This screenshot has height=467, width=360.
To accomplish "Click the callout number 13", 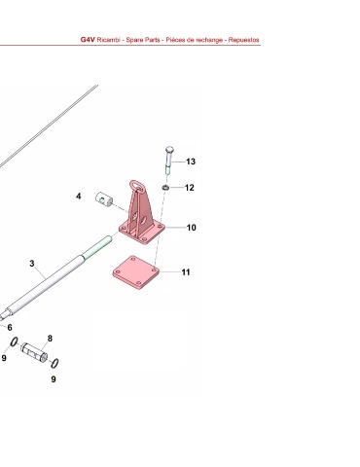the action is (x=191, y=162).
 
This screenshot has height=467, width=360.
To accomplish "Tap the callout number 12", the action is (x=190, y=188).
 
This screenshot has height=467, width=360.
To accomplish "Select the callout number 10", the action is (x=192, y=228).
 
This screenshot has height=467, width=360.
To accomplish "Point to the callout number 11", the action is (x=186, y=272).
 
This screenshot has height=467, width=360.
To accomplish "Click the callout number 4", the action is (x=79, y=197).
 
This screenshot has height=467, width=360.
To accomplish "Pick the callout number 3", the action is (x=32, y=264).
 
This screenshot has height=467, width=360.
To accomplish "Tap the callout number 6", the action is (x=10, y=328).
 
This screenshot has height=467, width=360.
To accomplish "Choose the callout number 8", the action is (x=50, y=339).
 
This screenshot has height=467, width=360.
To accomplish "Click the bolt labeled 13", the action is (x=169, y=161).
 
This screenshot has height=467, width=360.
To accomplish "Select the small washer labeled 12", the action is (x=165, y=188).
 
